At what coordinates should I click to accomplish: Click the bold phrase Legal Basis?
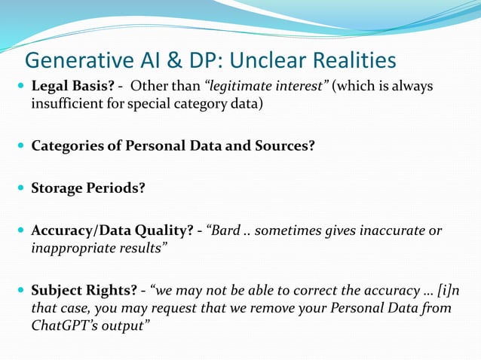click(x=72, y=87)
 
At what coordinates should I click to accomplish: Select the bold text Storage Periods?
click(x=88, y=188)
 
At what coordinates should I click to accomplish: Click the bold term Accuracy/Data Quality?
click(x=112, y=230)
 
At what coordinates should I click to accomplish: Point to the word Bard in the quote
click(x=227, y=230)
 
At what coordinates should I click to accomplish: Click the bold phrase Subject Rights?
click(x=84, y=291)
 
